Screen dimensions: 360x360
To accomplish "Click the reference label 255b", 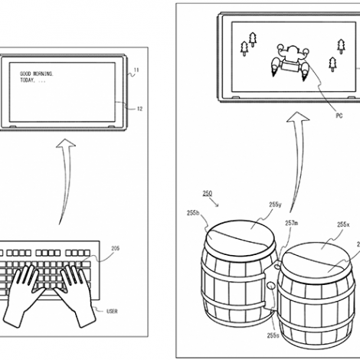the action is (x=193, y=213).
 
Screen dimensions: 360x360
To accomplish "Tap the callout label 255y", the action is (x=275, y=205).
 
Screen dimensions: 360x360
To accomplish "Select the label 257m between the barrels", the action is (x=292, y=223).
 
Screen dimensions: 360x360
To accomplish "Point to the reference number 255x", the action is (x=343, y=224).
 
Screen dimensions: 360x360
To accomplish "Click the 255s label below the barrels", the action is (x=273, y=335).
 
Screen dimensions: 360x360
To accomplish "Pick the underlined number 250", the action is (x=208, y=194).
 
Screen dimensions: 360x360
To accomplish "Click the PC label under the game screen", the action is (x=339, y=116).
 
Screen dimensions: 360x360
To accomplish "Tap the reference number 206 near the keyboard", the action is (x=116, y=248).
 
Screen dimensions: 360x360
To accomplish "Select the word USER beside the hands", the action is (x=112, y=311).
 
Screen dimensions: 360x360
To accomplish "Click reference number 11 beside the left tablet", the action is (x=136, y=70).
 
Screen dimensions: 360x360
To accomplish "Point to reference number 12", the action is (x=139, y=109).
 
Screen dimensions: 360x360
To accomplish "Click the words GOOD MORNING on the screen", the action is (x=37, y=74).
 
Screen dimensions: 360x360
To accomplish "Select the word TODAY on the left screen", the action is (x=27, y=80).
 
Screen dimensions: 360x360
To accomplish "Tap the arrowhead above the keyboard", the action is (x=66, y=143).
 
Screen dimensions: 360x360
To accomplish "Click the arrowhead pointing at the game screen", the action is (x=298, y=116).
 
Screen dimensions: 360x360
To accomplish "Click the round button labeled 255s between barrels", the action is (x=270, y=285).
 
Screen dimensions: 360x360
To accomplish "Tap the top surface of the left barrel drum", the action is (x=240, y=238).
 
